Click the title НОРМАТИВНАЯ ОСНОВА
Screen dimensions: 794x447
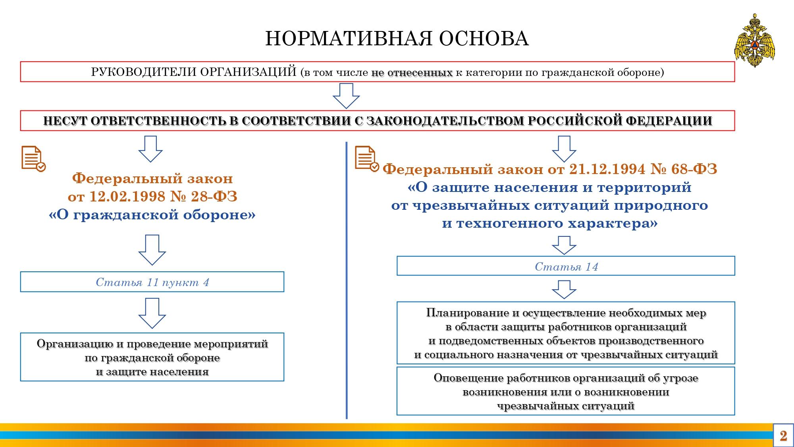point(397,39)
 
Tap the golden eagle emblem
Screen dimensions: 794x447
point(754,41)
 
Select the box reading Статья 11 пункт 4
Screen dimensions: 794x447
point(152,282)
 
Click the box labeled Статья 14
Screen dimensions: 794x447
point(566,266)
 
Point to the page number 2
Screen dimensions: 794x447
point(783,436)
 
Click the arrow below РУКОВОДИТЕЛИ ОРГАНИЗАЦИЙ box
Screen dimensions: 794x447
point(346,96)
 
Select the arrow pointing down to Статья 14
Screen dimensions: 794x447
point(564,245)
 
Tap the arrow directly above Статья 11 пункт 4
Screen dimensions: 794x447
point(152,250)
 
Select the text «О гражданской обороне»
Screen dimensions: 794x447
point(152,215)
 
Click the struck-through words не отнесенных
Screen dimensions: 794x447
point(412,72)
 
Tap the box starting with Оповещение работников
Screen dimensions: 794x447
point(566,391)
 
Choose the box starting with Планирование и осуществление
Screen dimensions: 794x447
point(566,333)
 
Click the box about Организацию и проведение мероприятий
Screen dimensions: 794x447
point(152,357)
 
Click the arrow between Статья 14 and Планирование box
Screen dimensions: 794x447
point(564,290)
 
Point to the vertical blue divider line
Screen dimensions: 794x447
point(347,280)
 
